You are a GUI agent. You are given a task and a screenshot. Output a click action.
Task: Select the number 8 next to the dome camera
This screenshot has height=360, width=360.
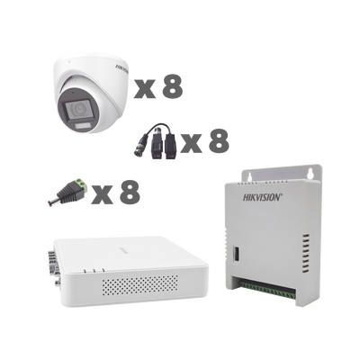coord(170,86)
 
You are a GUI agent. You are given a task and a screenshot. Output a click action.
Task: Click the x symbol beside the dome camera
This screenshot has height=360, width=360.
coord(145,89)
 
